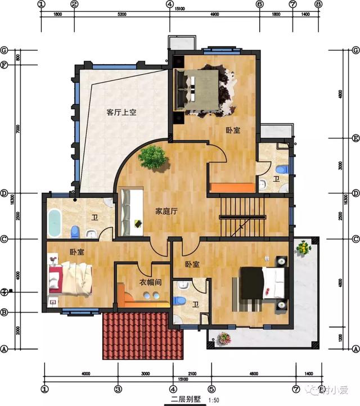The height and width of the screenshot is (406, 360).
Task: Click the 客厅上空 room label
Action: tap(121, 112)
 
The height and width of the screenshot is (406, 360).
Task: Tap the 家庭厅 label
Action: tap(166, 212)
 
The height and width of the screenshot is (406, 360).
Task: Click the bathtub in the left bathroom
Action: tap(55, 223)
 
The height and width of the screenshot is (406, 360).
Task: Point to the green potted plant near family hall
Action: tap(152, 157)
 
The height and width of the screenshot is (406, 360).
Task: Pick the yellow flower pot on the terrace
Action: tap(304, 247)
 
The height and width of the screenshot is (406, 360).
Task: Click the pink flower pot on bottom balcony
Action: tap(224, 338)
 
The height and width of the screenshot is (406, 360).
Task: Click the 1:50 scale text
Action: tap(214, 400)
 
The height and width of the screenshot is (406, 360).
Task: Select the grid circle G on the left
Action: tap(4, 49)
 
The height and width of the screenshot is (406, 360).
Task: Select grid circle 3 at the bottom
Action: tap(118, 389)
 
